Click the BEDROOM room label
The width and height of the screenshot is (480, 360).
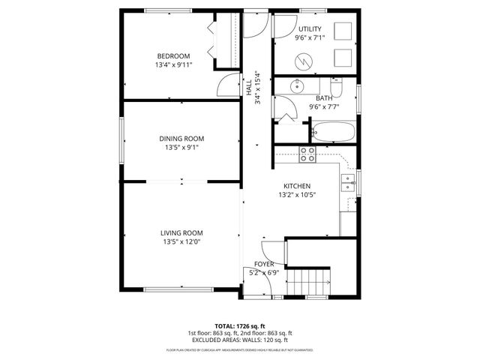click(x=173, y=55)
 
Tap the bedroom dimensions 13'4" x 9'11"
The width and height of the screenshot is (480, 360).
click(x=173, y=65)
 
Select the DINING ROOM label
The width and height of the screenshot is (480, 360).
click(x=181, y=138)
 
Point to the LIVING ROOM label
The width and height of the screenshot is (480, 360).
click(x=181, y=232)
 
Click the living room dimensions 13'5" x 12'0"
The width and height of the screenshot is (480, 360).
click(x=181, y=241)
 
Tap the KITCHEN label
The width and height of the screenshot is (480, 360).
click(x=296, y=186)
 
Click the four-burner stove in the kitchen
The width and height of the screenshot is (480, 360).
click(x=307, y=154)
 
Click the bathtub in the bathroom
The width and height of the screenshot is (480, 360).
click(x=334, y=133)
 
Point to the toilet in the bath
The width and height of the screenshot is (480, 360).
click(x=339, y=91)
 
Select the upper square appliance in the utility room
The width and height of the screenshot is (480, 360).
click(x=343, y=31)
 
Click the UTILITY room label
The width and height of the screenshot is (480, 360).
click(x=309, y=28)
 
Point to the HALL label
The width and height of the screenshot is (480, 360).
click(x=249, y=88)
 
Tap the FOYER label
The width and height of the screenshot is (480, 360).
click(x=263, y=265)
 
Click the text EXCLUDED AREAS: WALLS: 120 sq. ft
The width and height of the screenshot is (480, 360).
click(x=239, y=340)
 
